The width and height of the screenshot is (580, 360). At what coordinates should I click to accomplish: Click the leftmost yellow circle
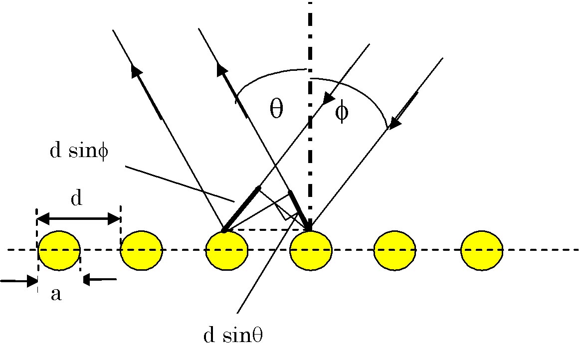59,250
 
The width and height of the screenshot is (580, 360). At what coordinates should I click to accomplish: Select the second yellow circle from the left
142,250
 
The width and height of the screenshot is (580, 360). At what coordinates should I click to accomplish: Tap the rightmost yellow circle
482,250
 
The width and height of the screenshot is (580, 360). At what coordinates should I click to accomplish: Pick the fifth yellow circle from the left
395,250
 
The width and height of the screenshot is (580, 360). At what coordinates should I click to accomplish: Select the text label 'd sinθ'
233,336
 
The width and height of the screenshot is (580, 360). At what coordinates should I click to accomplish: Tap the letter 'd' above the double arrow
76,198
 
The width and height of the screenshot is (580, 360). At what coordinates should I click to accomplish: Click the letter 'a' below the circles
56,295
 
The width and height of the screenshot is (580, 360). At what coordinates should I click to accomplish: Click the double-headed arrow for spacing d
78,218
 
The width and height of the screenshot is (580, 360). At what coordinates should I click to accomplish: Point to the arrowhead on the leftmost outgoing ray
136,71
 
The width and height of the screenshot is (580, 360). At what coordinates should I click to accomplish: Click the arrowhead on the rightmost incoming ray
396,121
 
